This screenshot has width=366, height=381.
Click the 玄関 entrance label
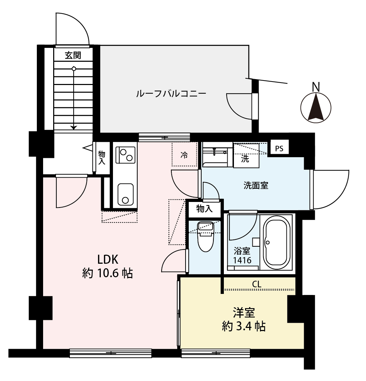(x=73, y=55)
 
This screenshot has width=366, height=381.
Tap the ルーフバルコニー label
(x=171, y=93)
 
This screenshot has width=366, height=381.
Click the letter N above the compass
(x=316, y=87)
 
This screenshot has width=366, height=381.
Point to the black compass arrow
(x=316, y=107)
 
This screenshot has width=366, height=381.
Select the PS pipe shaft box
(x=279, y=149)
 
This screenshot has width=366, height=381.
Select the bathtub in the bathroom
(x=277, y=243)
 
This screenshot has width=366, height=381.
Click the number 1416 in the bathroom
(x=242, y=260)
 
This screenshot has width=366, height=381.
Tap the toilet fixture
(x=206, y=236)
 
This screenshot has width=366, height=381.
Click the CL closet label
(x=257, y=284)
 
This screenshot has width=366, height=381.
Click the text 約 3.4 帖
(x=244, y=326)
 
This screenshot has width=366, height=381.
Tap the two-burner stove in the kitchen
(x=126, y=155)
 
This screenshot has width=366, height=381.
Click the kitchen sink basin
(x=125, y=194)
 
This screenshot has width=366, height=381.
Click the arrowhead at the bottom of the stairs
(x=73, y=127)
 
